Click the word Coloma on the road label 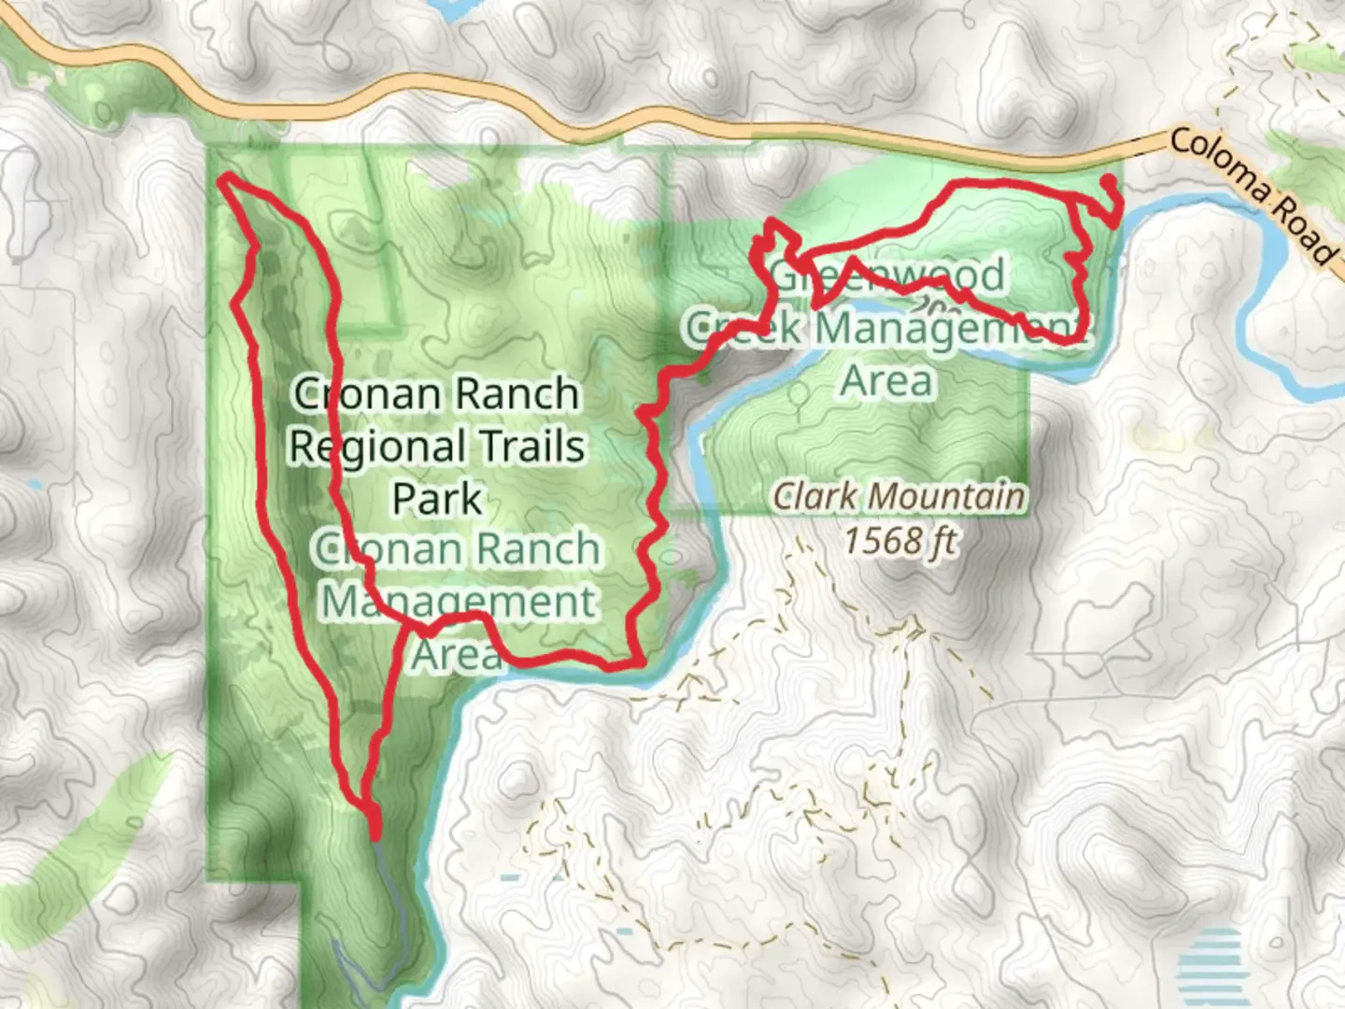coord(1220,168)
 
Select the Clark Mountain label coord(899,496)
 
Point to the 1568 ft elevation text coord(899,540)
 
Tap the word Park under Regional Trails coord(436,498)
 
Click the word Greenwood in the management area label coord(887,276)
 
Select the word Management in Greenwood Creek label coord(948,328)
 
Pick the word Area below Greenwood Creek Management coord(886,380)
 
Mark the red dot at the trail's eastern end coord(1108,180)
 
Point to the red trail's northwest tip coord(223,178)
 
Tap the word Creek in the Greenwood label coord(743,328)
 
